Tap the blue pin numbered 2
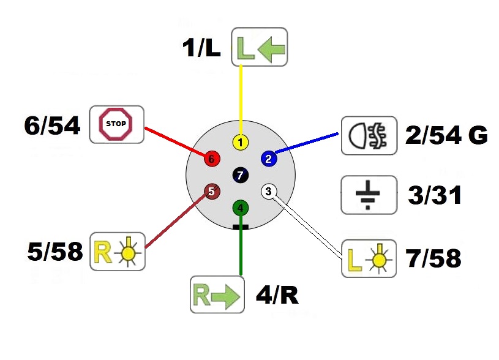coord(268,159)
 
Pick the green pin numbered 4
coord(241,208)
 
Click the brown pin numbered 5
coord(212,192)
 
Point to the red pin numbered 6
coord(212,159)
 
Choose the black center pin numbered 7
coord(241,176)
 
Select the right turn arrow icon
coord(217,294)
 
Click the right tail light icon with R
coord(118,251)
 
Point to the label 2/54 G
coord(446,135)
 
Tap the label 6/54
coord(52,126)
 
